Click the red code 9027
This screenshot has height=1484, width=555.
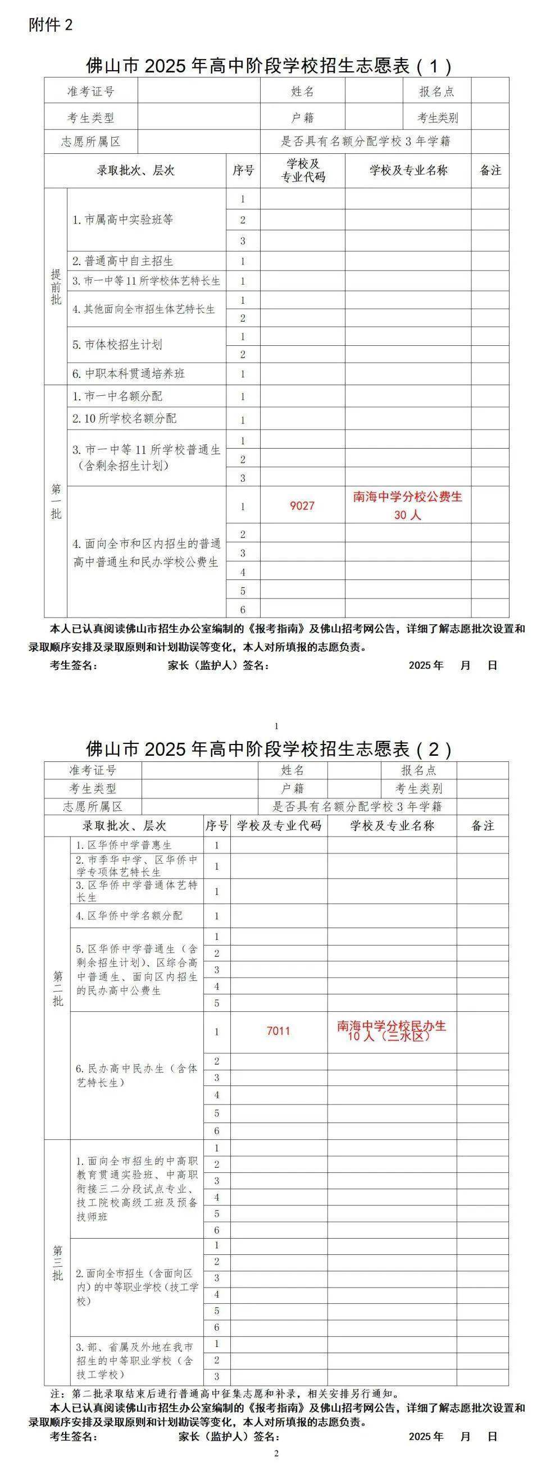[302, 506]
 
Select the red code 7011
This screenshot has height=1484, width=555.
[279, 1031]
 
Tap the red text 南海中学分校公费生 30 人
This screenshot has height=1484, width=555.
[407, 505]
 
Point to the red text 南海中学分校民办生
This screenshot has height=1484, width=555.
[392, 1026]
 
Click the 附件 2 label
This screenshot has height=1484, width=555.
[51, 25]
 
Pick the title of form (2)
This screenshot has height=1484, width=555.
[269, 749]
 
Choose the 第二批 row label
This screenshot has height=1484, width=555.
[58, 988]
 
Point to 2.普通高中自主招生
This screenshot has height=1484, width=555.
[123, 261]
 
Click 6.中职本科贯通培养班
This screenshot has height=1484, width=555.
[129, 373]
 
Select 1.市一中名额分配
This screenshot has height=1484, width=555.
[117, 396]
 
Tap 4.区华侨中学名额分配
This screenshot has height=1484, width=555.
[129, 915]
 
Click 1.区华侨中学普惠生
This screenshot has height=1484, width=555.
[124, 845]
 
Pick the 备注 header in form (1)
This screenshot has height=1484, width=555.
[490, 171]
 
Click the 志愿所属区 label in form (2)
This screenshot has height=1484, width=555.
[93, 806]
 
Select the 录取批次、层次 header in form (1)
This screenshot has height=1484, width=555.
[135, 171]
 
